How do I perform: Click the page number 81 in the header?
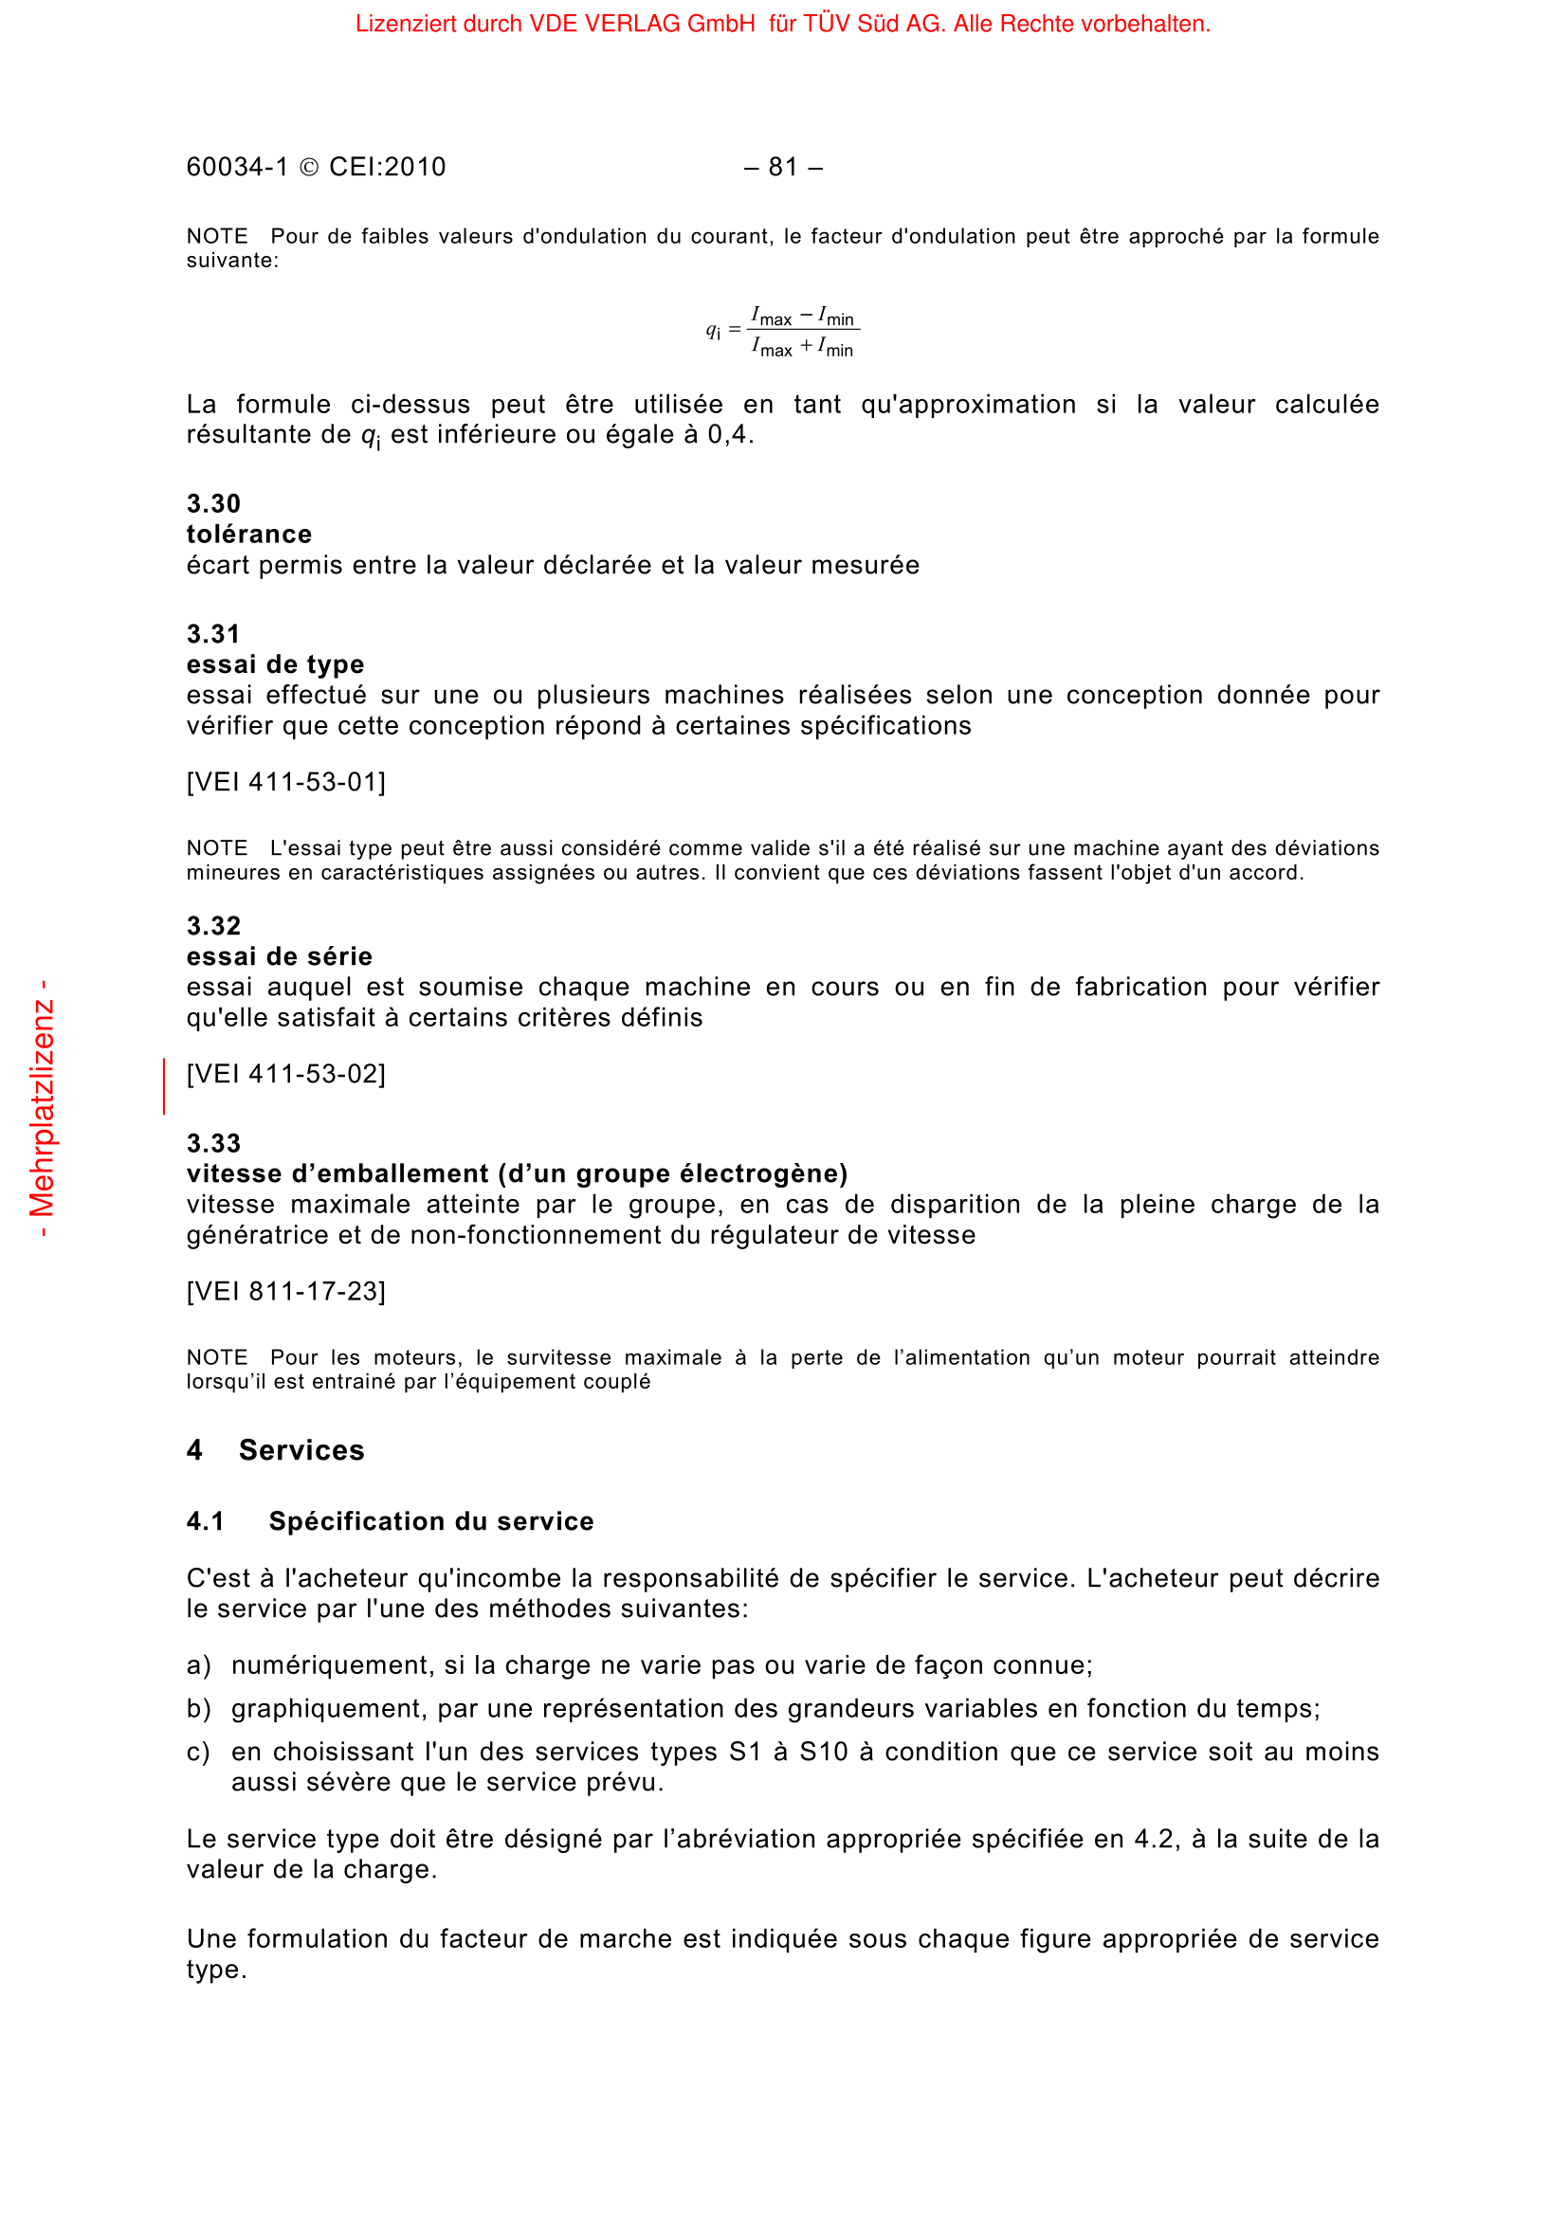[x=782, y=167]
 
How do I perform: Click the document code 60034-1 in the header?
[x=237, y=167]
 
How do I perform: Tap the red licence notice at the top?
[x=782, y=24]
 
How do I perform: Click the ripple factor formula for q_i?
[x=782, y=332]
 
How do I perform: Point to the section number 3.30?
[x=213, y=503]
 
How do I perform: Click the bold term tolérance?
[x=249, y=534]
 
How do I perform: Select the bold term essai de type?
[x=275, y=664]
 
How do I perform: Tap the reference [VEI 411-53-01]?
[x=285, y=781]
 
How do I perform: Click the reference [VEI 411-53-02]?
[x=285, y=1074]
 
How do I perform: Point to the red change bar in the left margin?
[x=164, y=1085]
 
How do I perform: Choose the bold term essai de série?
[x=279, y=956]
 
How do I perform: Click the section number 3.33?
[x=213, y=1143]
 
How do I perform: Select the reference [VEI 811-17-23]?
[x=285, y=1291]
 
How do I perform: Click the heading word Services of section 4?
[x=301, y=1450]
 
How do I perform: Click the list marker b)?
[x=198, y=1708]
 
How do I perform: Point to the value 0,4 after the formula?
[x=727, y=434]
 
